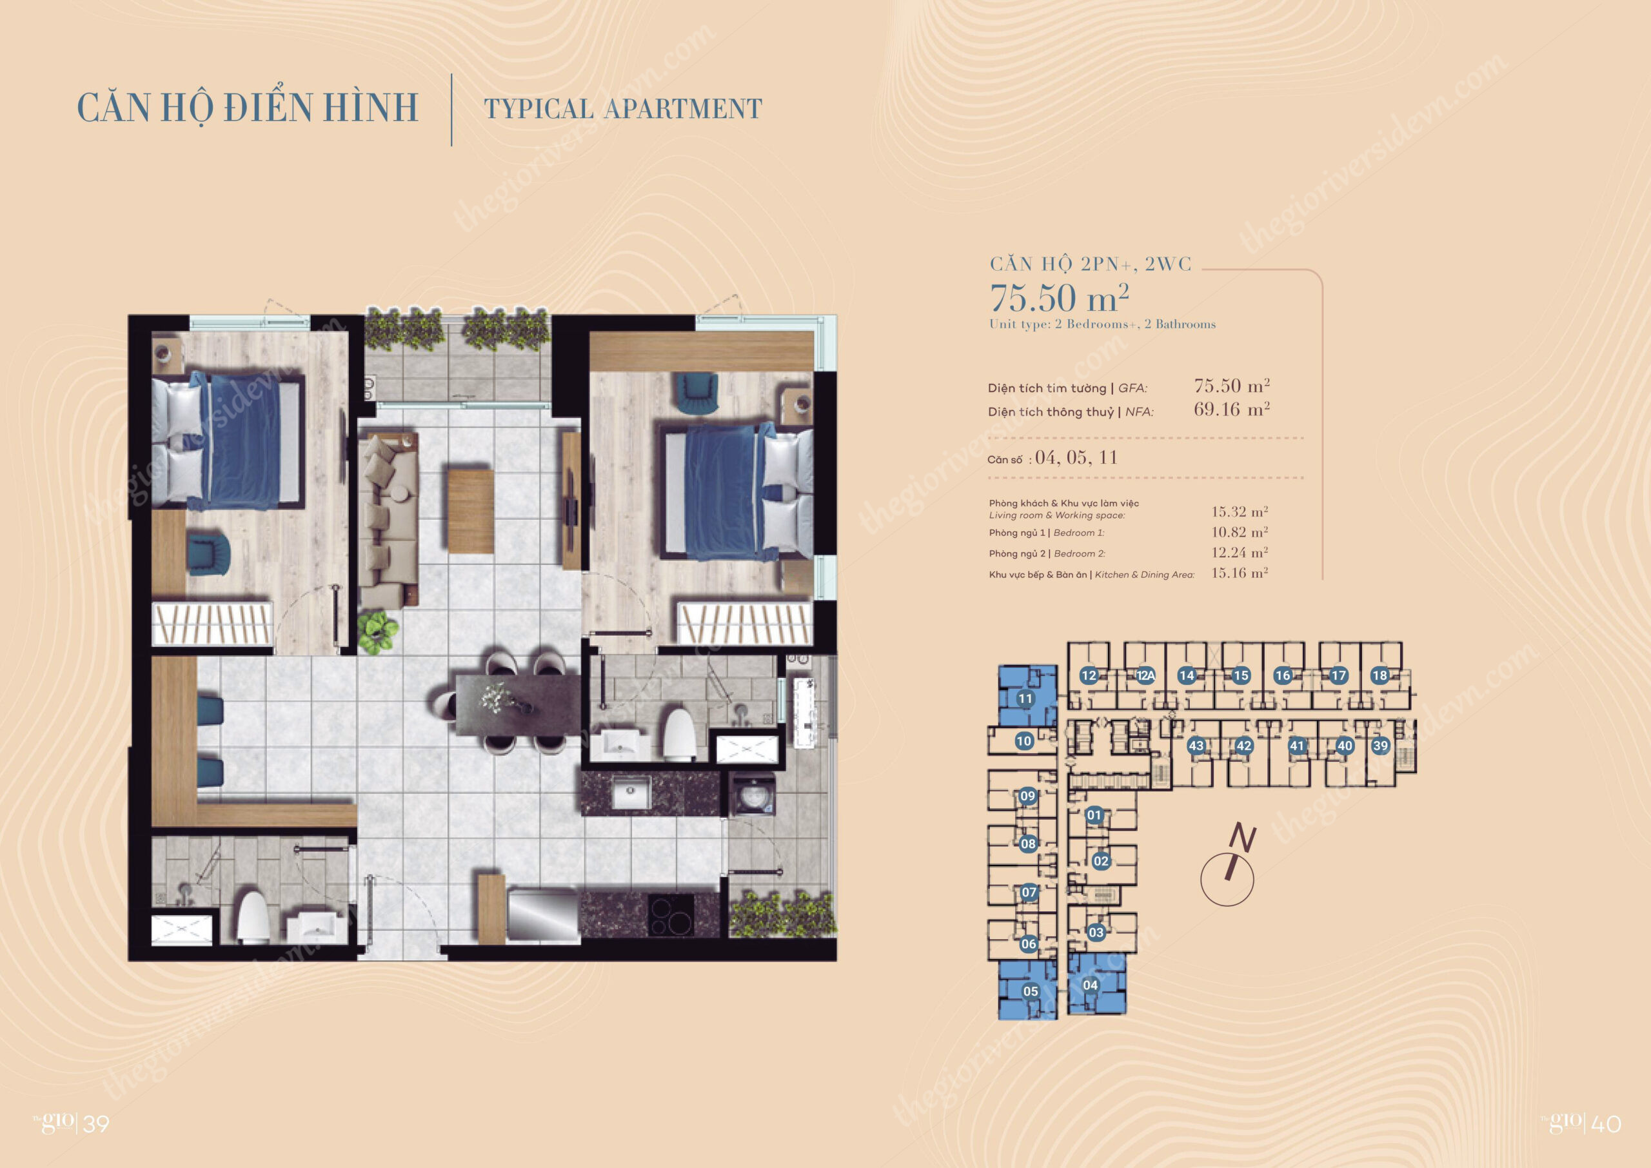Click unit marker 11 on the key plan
(1025, 698)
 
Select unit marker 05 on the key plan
(1031, 991)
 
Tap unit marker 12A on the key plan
(1145, 675)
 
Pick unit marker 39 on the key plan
(1380, 746)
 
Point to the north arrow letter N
(1242, 838)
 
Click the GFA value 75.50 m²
(1232, 386)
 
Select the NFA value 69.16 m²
(1232, 410)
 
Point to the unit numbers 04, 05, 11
(1076, 458)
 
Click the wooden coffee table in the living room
(470, 511)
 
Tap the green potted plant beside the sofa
(378, 631)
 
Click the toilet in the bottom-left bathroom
(253, 918)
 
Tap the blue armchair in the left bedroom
(208, 554)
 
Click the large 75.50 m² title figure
(1059, 298)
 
